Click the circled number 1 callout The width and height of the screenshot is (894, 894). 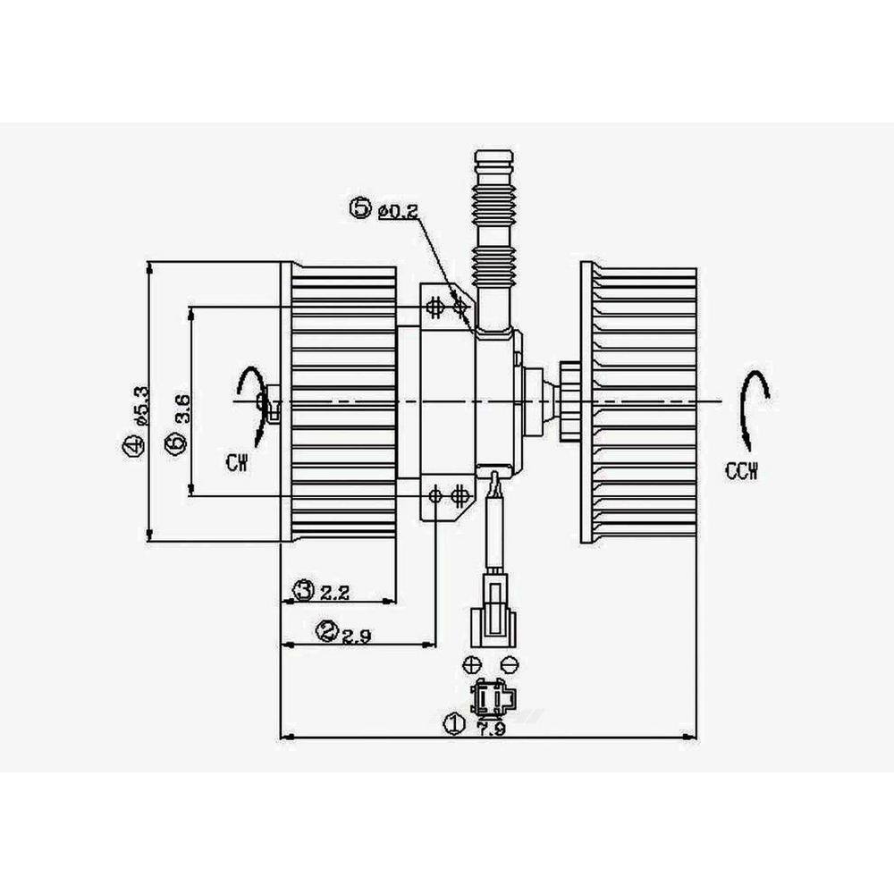[x=455, y=723]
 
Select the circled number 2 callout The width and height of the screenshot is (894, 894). [x=327, y=632]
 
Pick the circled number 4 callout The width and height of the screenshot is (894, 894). [x=132, y=444]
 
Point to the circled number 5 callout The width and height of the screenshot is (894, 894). [x=361, y=209]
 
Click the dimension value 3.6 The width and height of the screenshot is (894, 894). [x=181, y=409]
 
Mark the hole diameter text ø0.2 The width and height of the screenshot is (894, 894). [x=399, y=211]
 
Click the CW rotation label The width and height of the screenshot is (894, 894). [x=237, y=462]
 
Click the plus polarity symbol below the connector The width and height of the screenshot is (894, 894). [x=473, y=664]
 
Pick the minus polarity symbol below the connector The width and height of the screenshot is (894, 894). [x=509, y=664]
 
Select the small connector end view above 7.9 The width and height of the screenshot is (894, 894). [x=490, y=696]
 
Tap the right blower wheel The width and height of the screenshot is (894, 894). [x=639, y=402]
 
